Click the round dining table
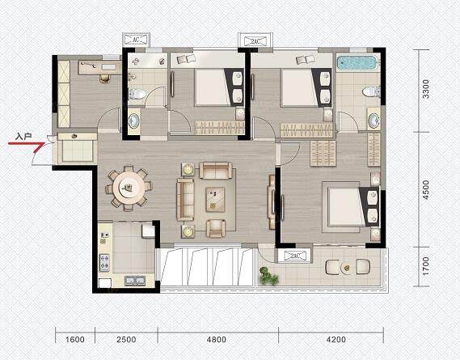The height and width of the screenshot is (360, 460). pos(129,188)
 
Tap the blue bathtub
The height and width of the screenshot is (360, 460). pos(357,63)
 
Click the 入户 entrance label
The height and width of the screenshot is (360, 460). pos(23,137)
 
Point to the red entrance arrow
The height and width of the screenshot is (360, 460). pos(27,146)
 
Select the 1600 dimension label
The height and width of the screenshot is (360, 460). pos(75,340)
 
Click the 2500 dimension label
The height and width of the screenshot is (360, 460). pos(126,340)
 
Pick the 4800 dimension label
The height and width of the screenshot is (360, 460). pos(216,340)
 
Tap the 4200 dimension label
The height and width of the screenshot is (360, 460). pos(336,340)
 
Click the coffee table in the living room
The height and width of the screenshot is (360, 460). pos(215,200)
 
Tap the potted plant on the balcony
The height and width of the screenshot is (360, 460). pos(268,276)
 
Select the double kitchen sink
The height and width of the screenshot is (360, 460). pos(135,281)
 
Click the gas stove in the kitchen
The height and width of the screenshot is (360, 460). pos(104,263)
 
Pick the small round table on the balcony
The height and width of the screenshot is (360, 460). pos(347,268)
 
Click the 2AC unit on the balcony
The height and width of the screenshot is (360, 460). pos(294,256)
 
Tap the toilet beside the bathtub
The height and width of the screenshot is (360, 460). pos(371,91)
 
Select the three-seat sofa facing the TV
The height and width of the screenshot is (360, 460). pos(185,200)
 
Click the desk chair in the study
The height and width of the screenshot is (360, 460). pos(105,78)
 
